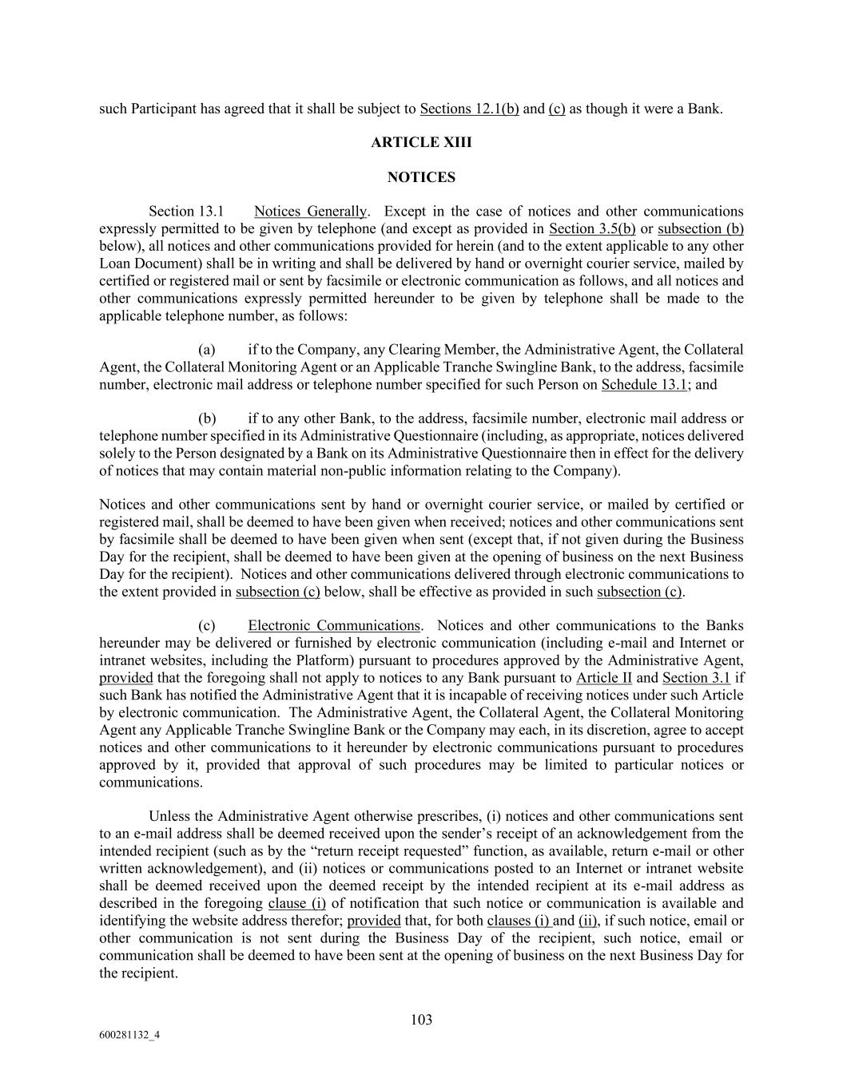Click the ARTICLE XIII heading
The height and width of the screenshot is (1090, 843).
421,143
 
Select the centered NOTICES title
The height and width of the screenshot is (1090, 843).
421,177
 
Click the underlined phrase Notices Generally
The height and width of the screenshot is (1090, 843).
310,212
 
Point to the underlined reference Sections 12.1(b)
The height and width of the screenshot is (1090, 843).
469,109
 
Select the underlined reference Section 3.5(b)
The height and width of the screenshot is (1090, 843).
592,229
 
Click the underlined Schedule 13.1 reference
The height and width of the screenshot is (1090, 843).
644,384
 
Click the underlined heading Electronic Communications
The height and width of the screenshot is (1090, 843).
333,625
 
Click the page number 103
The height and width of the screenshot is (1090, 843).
421,1020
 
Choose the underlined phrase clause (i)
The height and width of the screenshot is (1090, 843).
296,903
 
